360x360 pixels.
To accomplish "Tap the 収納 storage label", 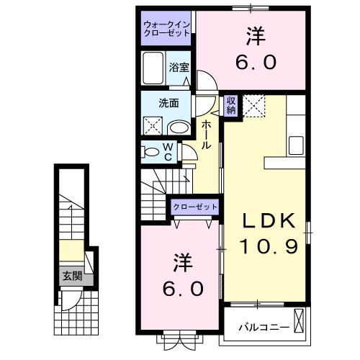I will point(231,106).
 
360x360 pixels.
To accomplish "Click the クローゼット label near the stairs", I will point(194,207).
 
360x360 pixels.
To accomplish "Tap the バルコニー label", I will point(264,328).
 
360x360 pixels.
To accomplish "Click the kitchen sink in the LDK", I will point(297,144).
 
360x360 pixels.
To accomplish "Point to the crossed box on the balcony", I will point(300,319).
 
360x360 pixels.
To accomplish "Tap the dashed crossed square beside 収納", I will point(253,106).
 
